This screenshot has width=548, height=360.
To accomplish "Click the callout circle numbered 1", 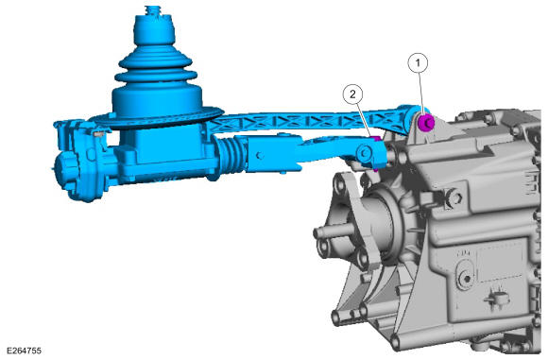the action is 418,63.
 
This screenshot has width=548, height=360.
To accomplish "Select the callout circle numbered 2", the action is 352,94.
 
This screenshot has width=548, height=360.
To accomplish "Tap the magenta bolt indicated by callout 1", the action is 426,123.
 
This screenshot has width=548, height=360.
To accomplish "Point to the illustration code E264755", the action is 24,351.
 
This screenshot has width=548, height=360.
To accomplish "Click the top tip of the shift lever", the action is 153,7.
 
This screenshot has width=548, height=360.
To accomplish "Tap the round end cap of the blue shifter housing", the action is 65,172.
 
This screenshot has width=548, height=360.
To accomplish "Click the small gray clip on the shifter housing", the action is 99,133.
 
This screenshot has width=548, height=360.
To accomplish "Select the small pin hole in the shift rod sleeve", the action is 259,156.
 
